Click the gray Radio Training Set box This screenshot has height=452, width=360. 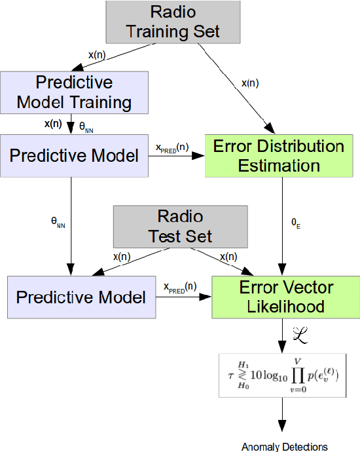click(172, 22)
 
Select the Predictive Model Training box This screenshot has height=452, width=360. click(73, 92)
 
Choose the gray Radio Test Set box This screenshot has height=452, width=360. click(181, 226)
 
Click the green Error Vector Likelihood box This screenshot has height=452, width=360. click(286, 297)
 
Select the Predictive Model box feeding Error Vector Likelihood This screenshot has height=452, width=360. click(81, 297)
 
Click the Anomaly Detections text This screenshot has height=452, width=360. click(285, 447)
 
